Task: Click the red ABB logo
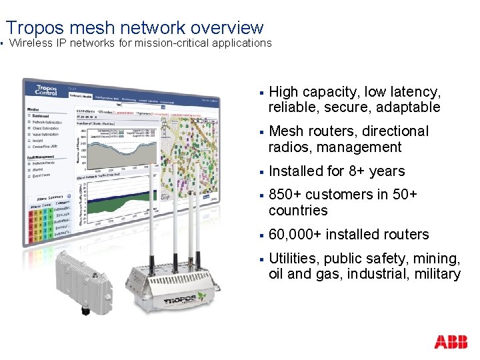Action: tap(451, 343)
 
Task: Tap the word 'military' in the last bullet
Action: tap(437, 274)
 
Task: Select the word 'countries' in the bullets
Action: tap(298, 211)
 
